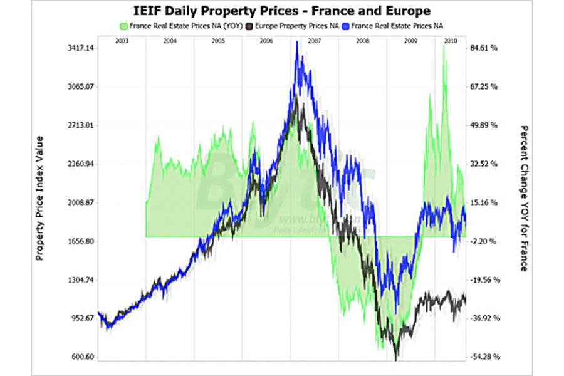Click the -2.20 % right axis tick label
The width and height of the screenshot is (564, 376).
tap(484, 241)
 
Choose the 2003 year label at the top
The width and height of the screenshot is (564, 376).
tap(122, 40)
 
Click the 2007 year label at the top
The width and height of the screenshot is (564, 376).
tap(315, 40)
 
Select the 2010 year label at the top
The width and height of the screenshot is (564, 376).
tap(449, 40)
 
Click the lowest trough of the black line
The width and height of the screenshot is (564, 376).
tap(395, 360)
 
